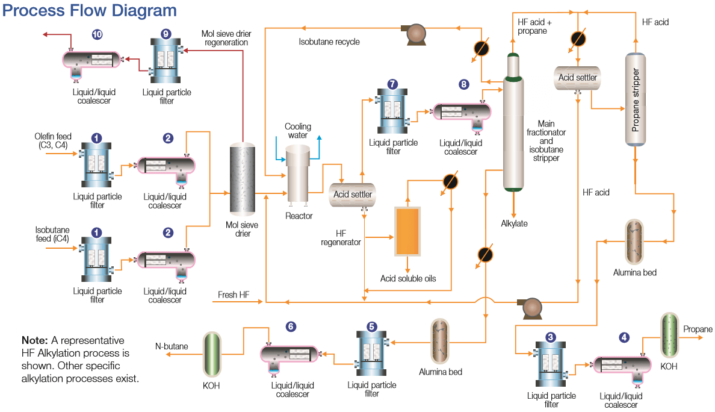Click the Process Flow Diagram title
tap(91, 11)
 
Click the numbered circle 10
tap(96, 35)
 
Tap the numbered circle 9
tap(166, 35)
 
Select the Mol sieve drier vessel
tap(243, 179)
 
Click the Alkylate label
tap(514, 223)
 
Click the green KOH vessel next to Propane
tap(669, 334)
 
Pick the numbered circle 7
tap(392, 84)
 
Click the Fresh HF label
tap(234, 296)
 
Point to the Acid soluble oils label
tap(408, 278)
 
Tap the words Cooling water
tap(298, 131)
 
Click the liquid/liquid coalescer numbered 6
tap(291, 354)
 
